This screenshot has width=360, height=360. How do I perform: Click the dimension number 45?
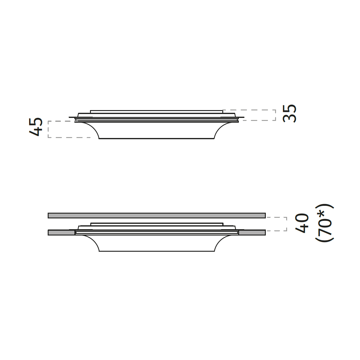(36, 127)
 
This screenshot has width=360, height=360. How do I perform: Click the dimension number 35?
(289, 113)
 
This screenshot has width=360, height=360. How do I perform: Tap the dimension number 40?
(301, 223)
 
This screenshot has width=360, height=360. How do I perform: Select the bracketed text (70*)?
(325, 223)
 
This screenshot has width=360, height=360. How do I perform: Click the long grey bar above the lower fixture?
(157, 215)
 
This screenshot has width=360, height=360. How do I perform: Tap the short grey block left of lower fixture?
(61, 232)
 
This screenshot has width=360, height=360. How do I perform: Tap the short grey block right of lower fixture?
(252, 232)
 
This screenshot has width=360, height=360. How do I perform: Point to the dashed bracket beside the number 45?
(48, 129)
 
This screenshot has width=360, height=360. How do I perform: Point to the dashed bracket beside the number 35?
(276, 115)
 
